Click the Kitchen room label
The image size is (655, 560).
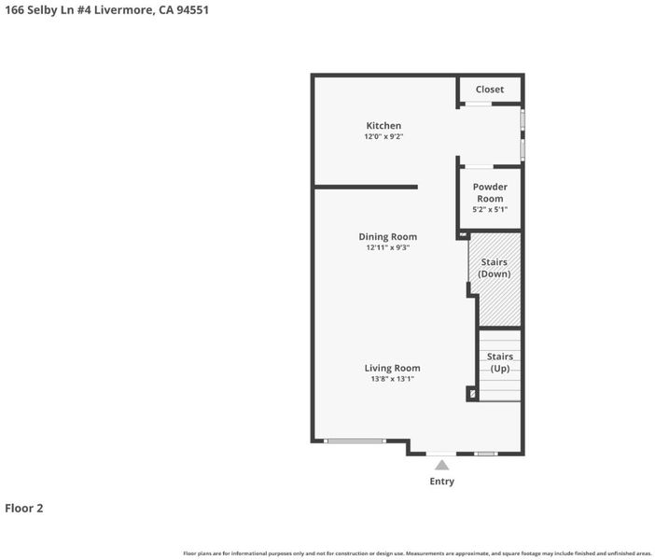pos(383,125)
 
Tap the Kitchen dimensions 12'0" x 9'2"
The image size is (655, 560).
pos(383,136)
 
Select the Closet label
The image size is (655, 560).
pos(490,90)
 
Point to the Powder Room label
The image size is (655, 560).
pos(490,192)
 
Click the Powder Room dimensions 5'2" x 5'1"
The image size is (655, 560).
pos(490,209)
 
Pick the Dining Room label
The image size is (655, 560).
pos(387,236)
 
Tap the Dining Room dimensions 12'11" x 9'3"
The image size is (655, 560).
pos(387,247)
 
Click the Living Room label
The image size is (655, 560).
pos(392,368)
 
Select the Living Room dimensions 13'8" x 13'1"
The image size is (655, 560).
pos(392,379)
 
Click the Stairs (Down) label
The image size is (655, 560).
pos(495,268)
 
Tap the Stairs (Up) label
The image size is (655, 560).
pos(500,362)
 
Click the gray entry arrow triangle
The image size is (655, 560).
pos(442,465)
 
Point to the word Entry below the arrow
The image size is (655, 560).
pos(442,481)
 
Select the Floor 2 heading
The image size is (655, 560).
pos(24,508)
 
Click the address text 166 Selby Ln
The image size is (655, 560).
pos(39,10)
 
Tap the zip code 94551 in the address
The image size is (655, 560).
pos(192,10)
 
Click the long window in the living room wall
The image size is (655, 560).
pos(355,441)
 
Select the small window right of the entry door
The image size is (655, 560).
pos(485,454)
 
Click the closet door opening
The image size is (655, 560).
pos(479,104)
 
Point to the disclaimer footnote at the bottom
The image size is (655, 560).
pos(417,553)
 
